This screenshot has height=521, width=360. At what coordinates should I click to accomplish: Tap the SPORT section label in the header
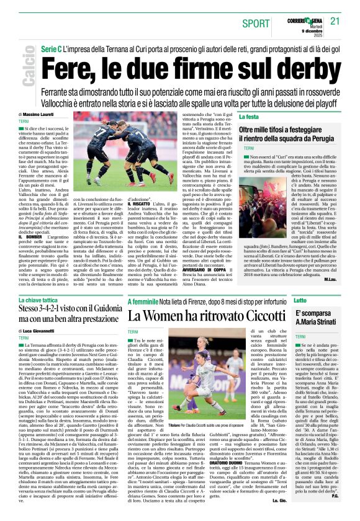click(255, 23)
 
